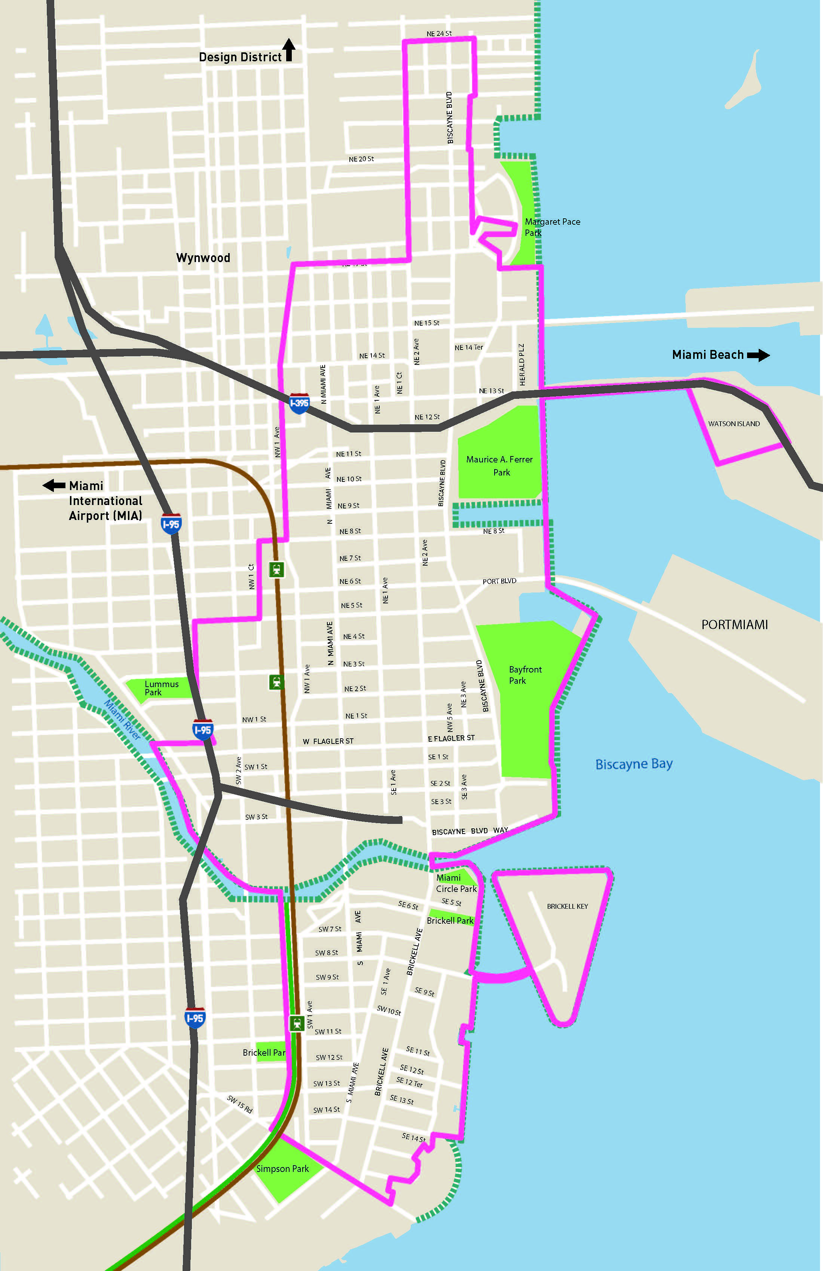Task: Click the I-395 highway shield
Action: (x=299, y=403)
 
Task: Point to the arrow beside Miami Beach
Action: (x=758, y=355)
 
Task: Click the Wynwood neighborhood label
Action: (x=203, y=258)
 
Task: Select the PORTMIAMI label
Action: (x=734, y=625)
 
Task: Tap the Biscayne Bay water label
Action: (x=634, y=764)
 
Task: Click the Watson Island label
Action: (x=734, y=424)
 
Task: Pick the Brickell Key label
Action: (x=567, y=906)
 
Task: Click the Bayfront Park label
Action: (x=525, y=675)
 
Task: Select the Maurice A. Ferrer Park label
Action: (x=499, y=466)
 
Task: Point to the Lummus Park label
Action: (x=161, y=688)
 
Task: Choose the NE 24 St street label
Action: (x=439, y=34)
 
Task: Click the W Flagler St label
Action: (x=328, y=741)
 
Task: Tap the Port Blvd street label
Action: (x=499, y=581)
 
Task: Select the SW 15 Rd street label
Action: (x=239, y=1104)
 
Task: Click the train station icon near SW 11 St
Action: (x=297, y=1023)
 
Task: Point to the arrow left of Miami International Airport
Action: (x=53, y=486)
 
